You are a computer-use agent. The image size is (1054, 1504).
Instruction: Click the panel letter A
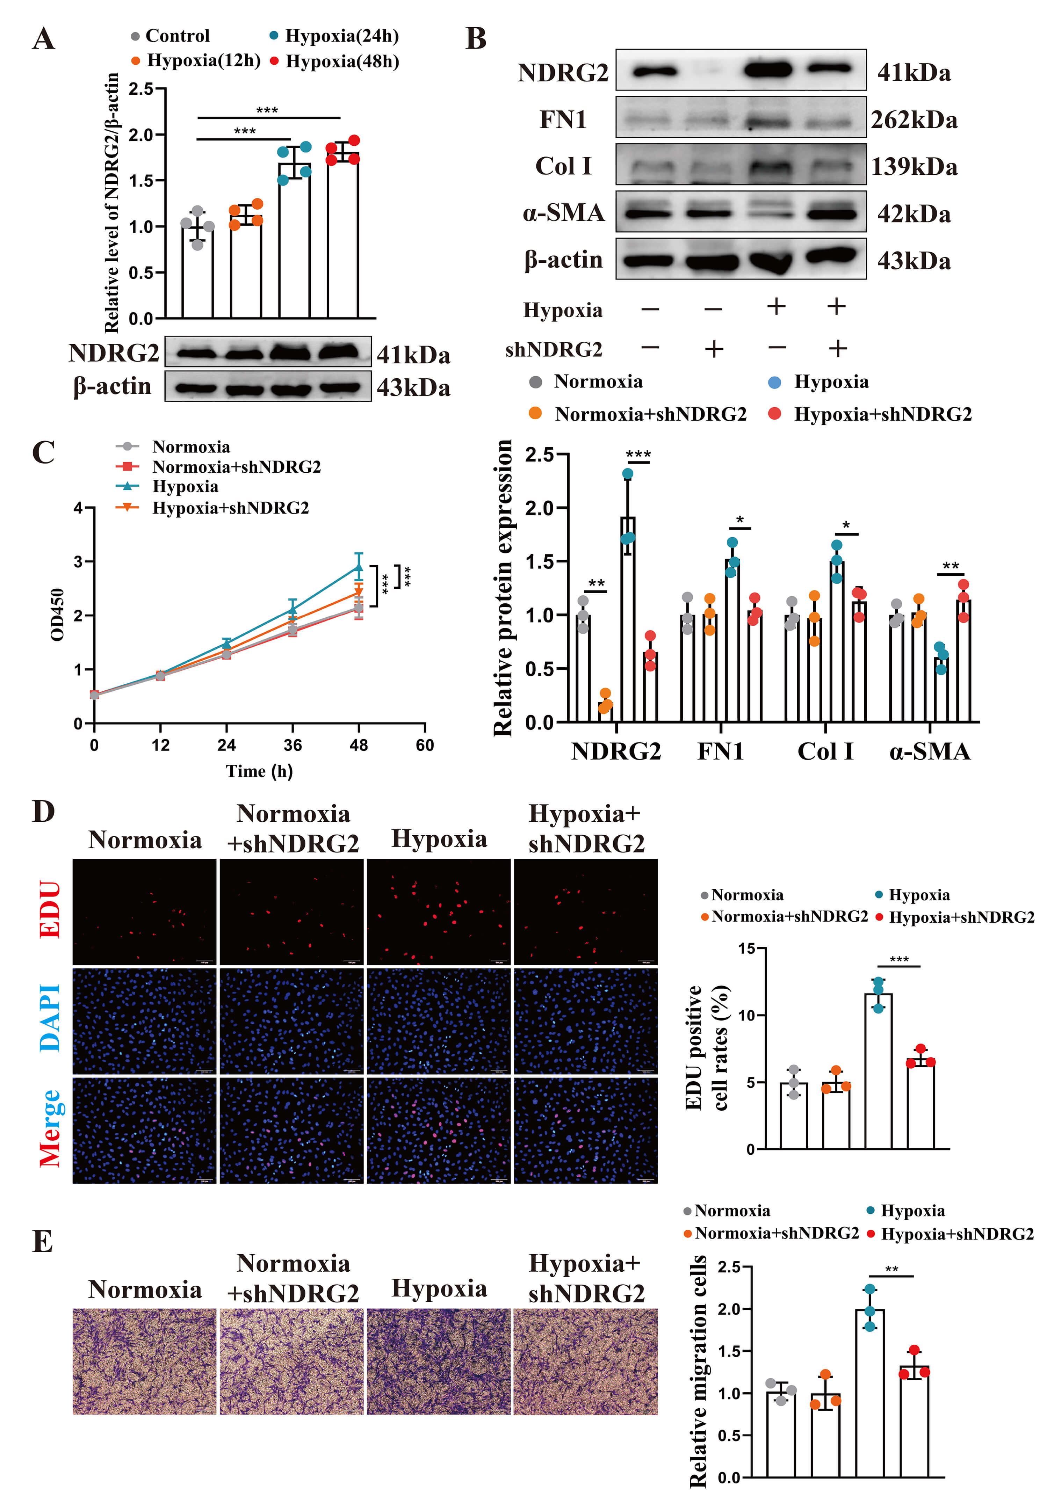pos(43,39)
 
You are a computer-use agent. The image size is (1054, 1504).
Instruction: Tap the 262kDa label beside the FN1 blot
pos(914,120)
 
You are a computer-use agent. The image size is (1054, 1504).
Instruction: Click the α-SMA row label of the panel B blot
pos(563,213)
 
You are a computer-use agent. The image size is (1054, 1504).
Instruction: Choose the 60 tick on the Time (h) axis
pos(425,745)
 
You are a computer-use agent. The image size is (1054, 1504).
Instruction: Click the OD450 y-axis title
pos(58,615)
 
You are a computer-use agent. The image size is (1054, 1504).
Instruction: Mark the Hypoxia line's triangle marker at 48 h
pos(358,567)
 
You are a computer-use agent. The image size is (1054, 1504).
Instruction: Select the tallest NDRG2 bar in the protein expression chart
pos(628,619)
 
